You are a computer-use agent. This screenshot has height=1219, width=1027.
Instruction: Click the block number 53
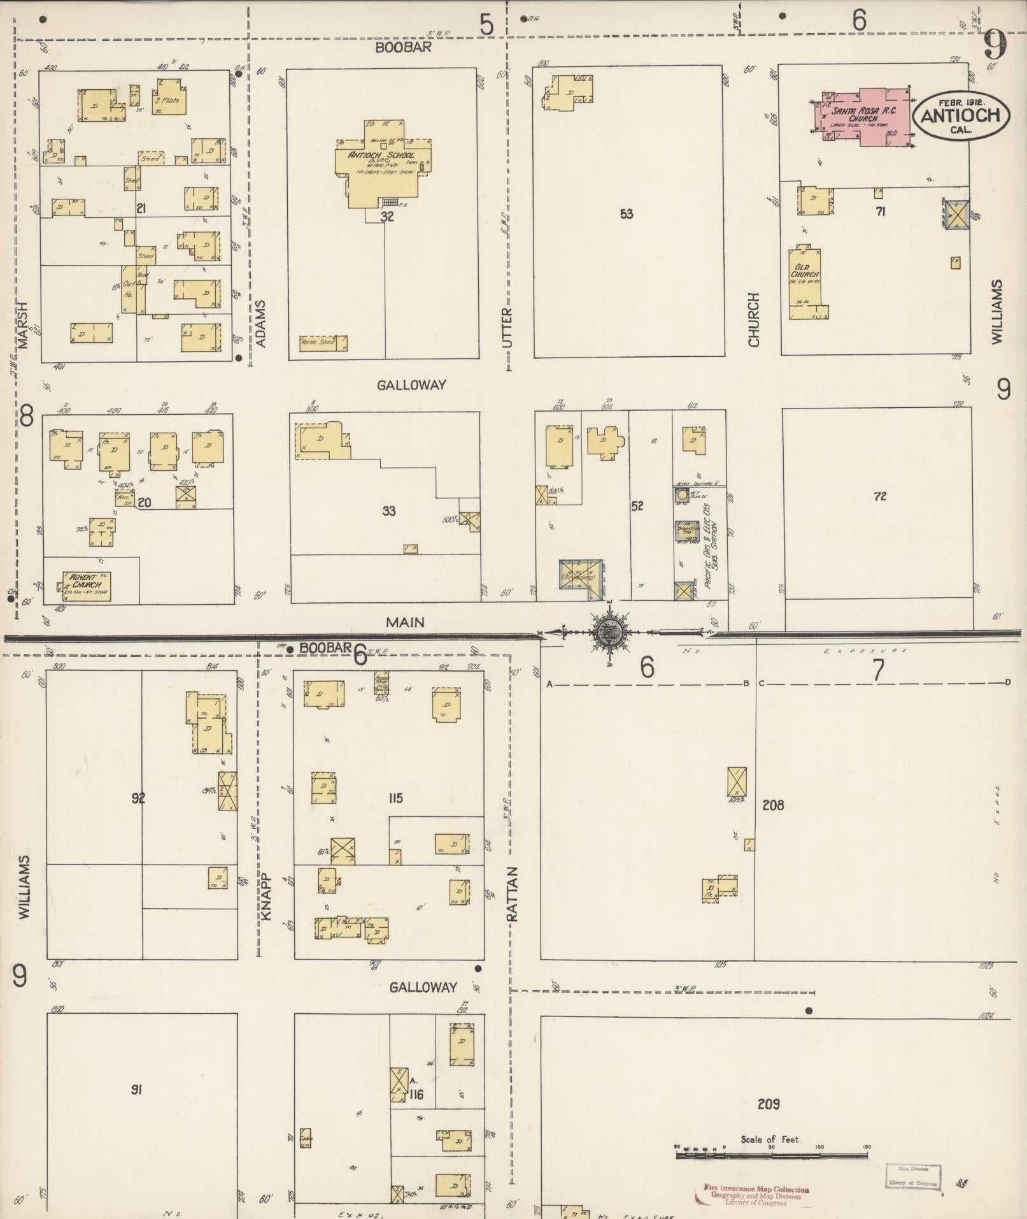(x=627, y=213)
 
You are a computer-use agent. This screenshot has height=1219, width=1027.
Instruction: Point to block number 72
(x=879, y=496)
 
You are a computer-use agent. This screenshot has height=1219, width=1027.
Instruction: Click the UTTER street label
(x=507, y=328)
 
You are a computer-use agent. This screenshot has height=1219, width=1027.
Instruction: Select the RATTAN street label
(x=513, y=893)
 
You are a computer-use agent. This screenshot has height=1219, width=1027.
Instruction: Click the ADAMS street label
(x=260, y=324)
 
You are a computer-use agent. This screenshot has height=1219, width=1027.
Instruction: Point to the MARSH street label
(x=24, y=325)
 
